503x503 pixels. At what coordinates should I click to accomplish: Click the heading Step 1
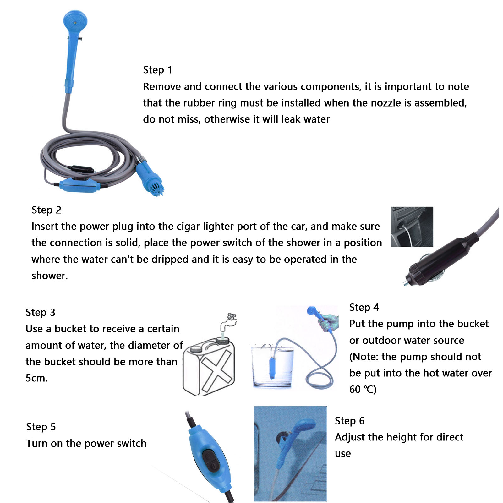157,70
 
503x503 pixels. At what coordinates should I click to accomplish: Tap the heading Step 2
46,210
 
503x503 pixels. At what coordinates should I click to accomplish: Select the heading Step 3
40,312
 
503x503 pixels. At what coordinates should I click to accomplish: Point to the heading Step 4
364,307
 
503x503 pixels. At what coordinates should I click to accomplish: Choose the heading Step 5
41,427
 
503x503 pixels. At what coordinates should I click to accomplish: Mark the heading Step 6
350,421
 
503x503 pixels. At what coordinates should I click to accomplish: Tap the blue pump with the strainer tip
150,179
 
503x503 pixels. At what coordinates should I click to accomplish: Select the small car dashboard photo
412,227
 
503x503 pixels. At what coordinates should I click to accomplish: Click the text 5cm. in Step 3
36,378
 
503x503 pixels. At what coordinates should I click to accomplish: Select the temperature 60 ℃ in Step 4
363,390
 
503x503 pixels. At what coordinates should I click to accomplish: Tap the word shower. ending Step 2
50,276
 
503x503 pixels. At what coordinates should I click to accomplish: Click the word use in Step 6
343,454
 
